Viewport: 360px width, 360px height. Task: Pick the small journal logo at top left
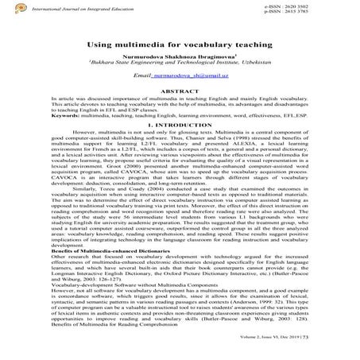[x=7, y=9]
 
